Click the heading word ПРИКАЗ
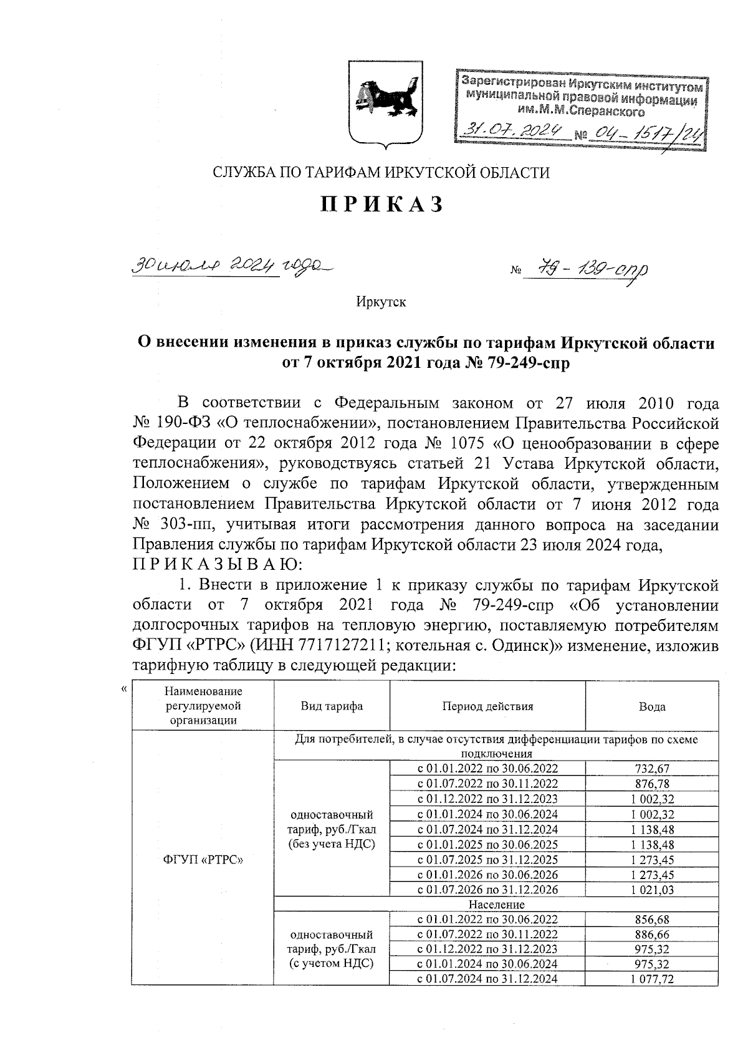tap(381, 204)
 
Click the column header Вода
tap(651, 706)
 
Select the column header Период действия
tap(487, 706)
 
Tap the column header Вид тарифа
tap(332, 706)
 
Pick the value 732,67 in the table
tap(651, 769)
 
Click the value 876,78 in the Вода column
tap(651, 784)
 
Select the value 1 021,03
tap(651, 890)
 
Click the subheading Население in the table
tap(496, 905)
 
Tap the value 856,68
tap(651, 920)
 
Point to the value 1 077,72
tap(651, 979)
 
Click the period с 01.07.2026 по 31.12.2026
tap(487, 890)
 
